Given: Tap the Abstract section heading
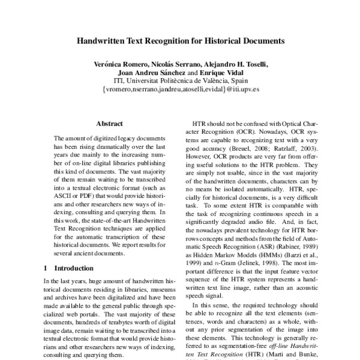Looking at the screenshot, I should point(109,123).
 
